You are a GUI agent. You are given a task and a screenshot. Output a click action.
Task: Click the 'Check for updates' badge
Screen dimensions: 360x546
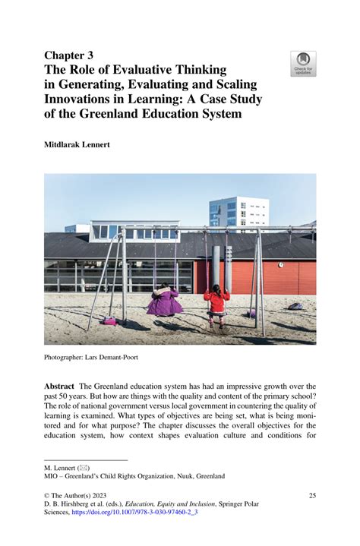[x=303, y=64]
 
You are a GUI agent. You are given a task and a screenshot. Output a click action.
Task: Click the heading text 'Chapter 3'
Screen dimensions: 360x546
[x=69, y=55]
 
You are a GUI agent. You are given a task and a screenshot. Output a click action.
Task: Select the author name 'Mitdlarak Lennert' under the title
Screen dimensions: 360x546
[x=77, y=144]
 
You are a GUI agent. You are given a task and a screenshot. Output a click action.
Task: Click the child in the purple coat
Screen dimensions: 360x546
[x=164, y=301]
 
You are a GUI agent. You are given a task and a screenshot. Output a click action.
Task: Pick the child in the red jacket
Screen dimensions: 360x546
[x=216, y=299]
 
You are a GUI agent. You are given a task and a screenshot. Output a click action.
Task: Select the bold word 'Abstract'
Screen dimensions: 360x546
[x=59, y=387]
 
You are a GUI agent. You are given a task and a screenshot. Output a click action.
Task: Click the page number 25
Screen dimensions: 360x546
[x=311, y=496]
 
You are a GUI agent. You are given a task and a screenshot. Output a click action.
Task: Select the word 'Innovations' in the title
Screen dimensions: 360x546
[x=80, y=99]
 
